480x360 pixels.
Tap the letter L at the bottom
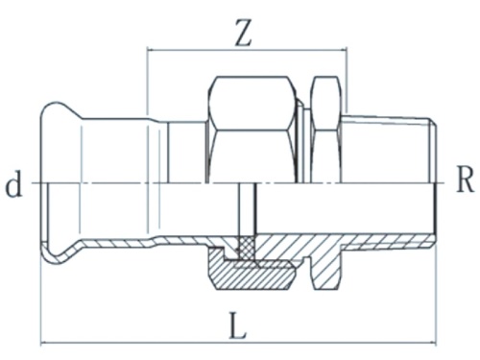(x=238, y=327)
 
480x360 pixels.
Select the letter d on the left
(x=13, y=184)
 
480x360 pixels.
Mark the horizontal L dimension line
(x=144, y=342)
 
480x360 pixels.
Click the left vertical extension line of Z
(x=147, y=86)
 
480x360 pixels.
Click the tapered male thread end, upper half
(x=389, y=144)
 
